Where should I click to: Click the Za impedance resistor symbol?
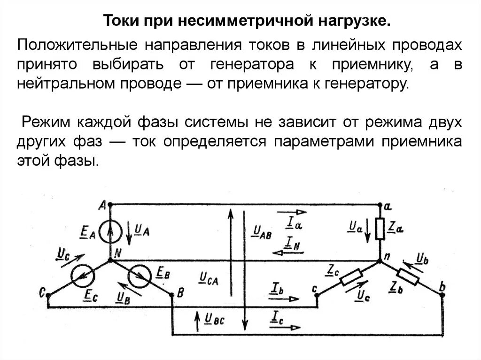pos(380,229)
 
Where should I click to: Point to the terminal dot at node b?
pos(442,294)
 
